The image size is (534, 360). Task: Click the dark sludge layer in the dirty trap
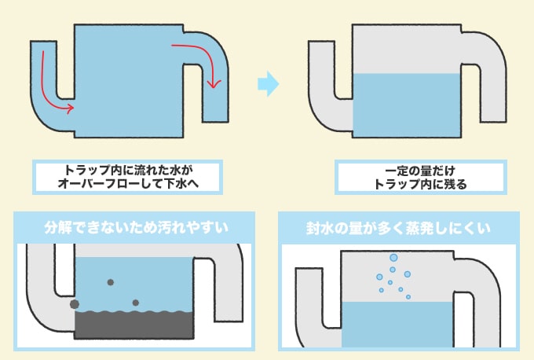click(134, 329)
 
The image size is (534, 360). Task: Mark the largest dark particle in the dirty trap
click(75, 303)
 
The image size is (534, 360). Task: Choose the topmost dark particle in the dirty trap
click(110, 282)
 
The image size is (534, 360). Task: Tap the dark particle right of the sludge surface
click(136, 303)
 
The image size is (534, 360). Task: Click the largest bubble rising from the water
click(394, 258)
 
